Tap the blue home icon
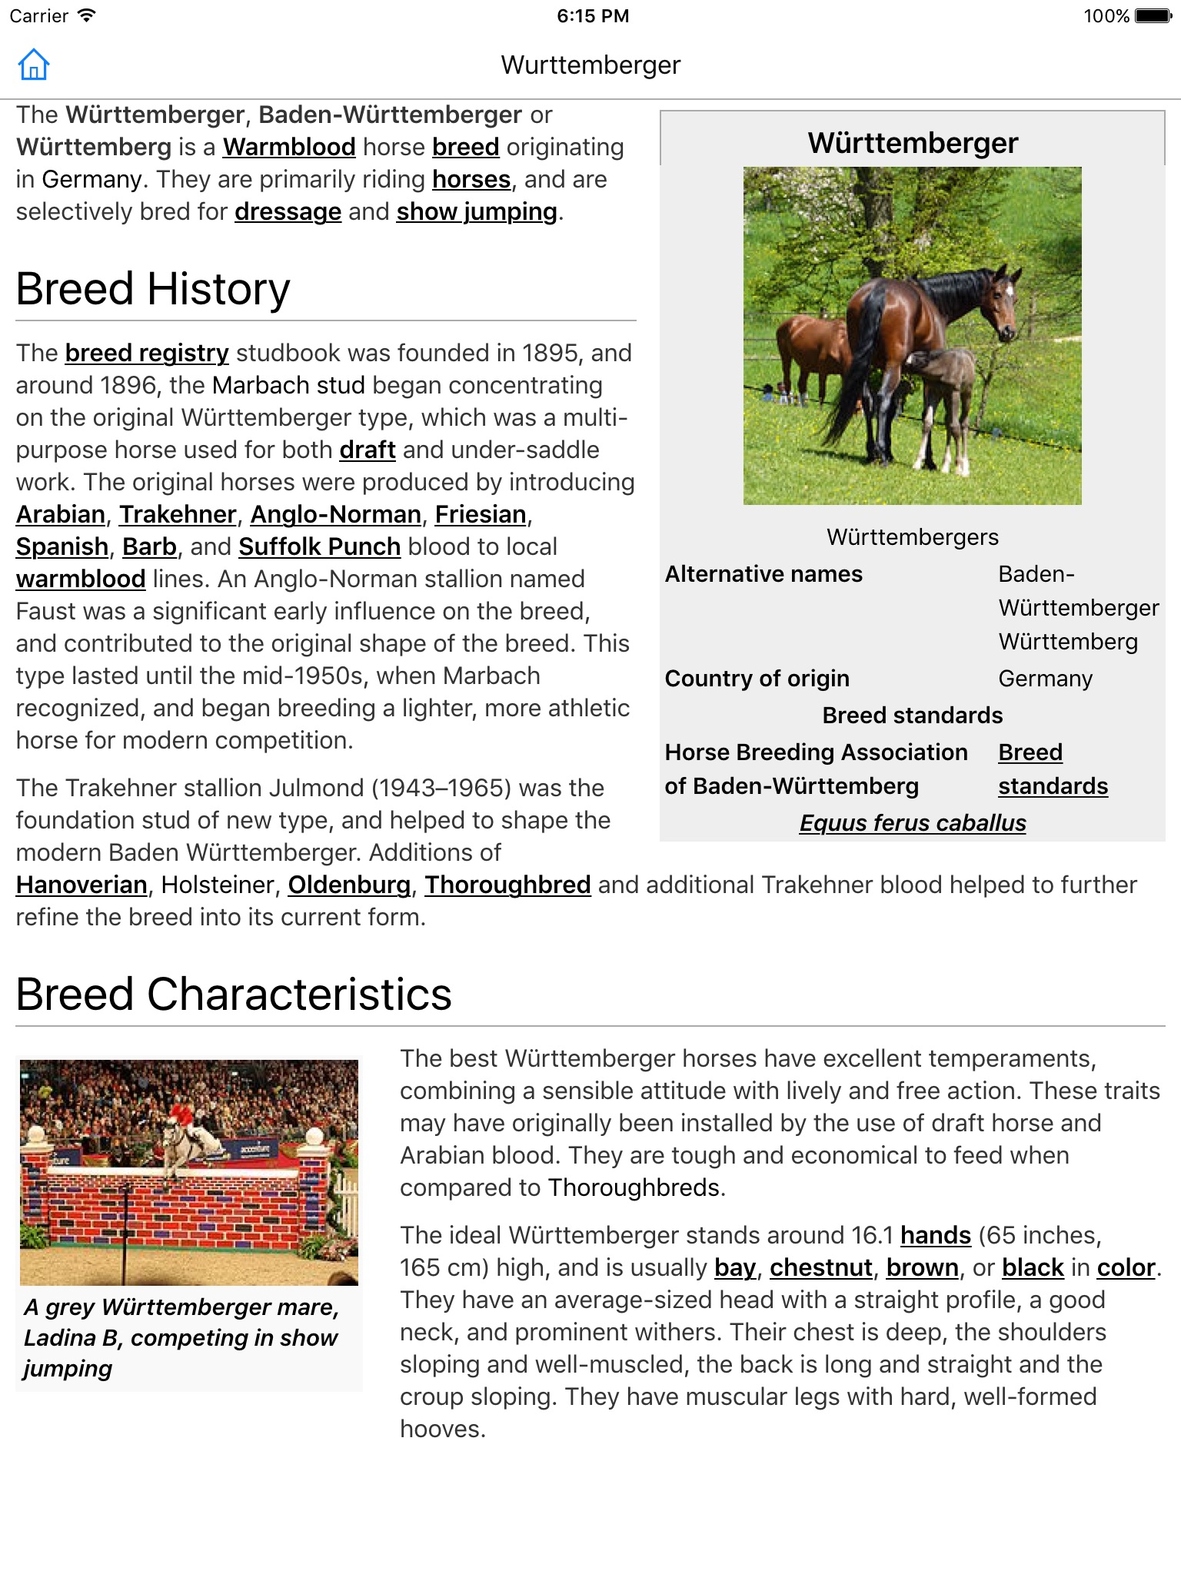34,65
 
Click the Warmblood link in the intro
289,147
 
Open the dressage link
288,211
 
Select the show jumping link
477,211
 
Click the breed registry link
147,353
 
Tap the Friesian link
481,514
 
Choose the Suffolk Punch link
319,546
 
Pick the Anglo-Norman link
335,514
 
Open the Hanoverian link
82,885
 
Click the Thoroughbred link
507,885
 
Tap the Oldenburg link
349,885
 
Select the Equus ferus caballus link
913,823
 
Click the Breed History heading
153,289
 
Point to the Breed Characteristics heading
234,994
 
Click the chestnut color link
820,1267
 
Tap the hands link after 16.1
936,1235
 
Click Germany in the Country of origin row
1045,679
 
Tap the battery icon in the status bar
1153,16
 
